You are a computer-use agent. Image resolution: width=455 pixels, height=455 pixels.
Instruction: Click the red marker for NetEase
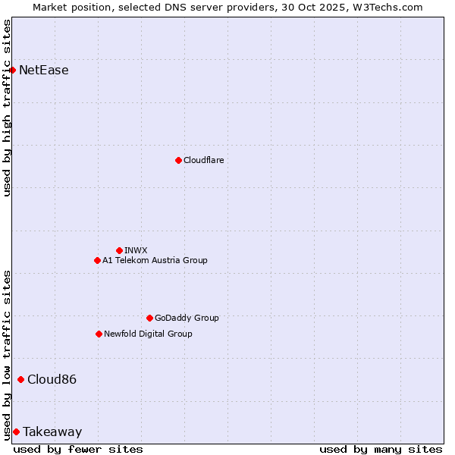tap(13, 70)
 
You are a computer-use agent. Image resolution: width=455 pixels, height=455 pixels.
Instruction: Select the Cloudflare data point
tap(178, 160)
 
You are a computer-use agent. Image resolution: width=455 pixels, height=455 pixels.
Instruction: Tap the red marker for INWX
tap(119, 250)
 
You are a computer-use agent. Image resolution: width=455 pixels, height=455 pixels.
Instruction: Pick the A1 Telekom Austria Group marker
tap(97, 260)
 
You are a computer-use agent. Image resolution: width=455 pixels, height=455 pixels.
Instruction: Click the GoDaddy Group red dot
tap(149, 318)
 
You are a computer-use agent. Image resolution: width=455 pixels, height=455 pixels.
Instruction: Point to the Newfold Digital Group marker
tap(99, 334)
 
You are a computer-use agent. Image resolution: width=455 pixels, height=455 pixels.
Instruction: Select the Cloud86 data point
tap(20, 379)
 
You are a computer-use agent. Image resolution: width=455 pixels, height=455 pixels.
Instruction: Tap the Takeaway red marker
tap(16, 431)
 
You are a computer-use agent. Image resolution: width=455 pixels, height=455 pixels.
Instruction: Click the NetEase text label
tap(44, 71)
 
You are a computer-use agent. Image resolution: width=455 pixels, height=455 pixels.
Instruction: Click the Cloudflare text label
tap(204, 160)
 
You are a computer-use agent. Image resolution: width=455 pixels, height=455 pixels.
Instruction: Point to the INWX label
tap(136, 250)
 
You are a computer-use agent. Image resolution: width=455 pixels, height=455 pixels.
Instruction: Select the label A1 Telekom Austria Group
tap(155, 260)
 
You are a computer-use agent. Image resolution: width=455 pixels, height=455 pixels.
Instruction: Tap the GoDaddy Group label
tap(187, 318)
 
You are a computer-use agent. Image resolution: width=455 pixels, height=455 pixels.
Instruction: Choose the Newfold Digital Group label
tap(148, 334)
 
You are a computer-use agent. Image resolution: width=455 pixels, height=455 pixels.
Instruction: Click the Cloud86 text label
tap(52, 379)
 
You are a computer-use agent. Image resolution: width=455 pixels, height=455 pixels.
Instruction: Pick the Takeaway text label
tap(52, 432)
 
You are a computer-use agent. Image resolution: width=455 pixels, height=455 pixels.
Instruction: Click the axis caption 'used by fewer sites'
tap(78, 449)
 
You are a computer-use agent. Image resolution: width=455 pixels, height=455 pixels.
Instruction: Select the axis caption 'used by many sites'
tap(381, 449)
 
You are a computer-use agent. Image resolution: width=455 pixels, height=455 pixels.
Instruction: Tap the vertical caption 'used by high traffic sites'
tap(7, 108)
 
